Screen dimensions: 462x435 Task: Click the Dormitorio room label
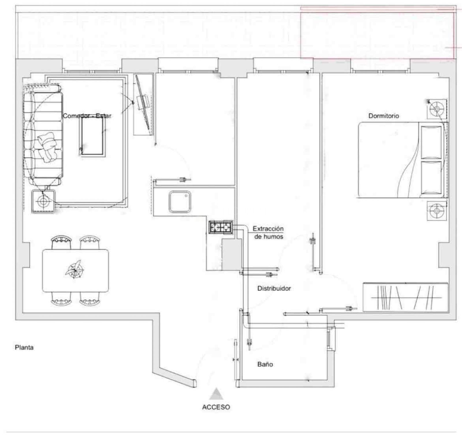pyautogui.click(x=383, y=116)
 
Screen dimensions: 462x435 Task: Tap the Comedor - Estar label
pyautogui.click(x=87, y=116)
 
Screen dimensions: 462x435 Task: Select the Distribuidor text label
pyautogui.click(x=274, y=288)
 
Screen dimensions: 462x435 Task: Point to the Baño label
pyautogui.click(x=265, y=364)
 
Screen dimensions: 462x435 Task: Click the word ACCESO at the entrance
pyautogui.click(x=216, y=407)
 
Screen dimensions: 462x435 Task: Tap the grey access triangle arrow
pyautogui.click(x=216, y=394)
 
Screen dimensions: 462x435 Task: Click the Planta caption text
pyautogui.click(x=24, y=347)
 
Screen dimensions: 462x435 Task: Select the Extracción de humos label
pyautogui.click(x=268, y=233)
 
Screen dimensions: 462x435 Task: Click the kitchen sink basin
pyautogui.click(x=180, y=201)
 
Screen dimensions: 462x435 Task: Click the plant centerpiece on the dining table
pyautogui.click(x=75, y=269)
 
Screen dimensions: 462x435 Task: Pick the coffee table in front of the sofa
pyautogui.click(x=92, y=137)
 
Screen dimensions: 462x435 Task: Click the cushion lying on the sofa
pyautogui.click(x=48, y=147)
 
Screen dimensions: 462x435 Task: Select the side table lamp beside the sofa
pyautogui.click(x=43, y=201)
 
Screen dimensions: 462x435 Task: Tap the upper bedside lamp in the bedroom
pyautogui.click(x=436, y=109)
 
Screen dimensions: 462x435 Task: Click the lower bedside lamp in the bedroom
pyautogui.click(x=436, y=211)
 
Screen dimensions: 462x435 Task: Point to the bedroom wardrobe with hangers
pyautogui.click(x=405, y=297)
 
